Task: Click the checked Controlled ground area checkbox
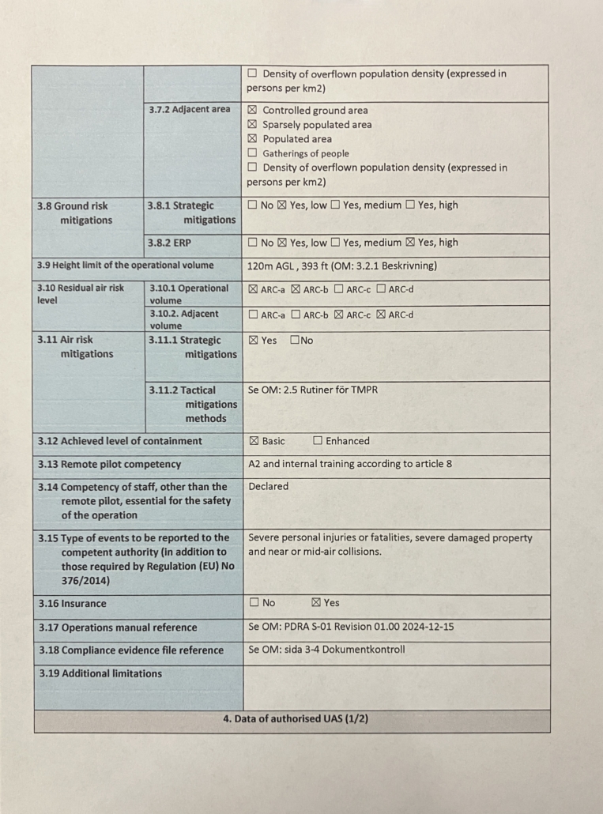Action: click(x=253, y=111)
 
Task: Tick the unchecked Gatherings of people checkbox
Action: click(x=253, y=153)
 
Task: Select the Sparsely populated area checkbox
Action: click(x=253, y=125)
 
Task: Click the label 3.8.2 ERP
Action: click(x=170, y=243)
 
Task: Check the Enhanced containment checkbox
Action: click(x=318, y=441)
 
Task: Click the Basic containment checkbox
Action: click(x=254, y=441)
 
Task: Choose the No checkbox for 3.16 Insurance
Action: click(x=254, y=603)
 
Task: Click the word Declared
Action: click(x=269, y=487)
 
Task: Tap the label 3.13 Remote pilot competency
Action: click(x=109, y=465)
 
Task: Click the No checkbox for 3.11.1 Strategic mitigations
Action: click(x=295, y=341)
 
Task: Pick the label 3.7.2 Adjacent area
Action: click(x=190, y=109)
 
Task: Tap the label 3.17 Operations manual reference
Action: click(x=118, y=627)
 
